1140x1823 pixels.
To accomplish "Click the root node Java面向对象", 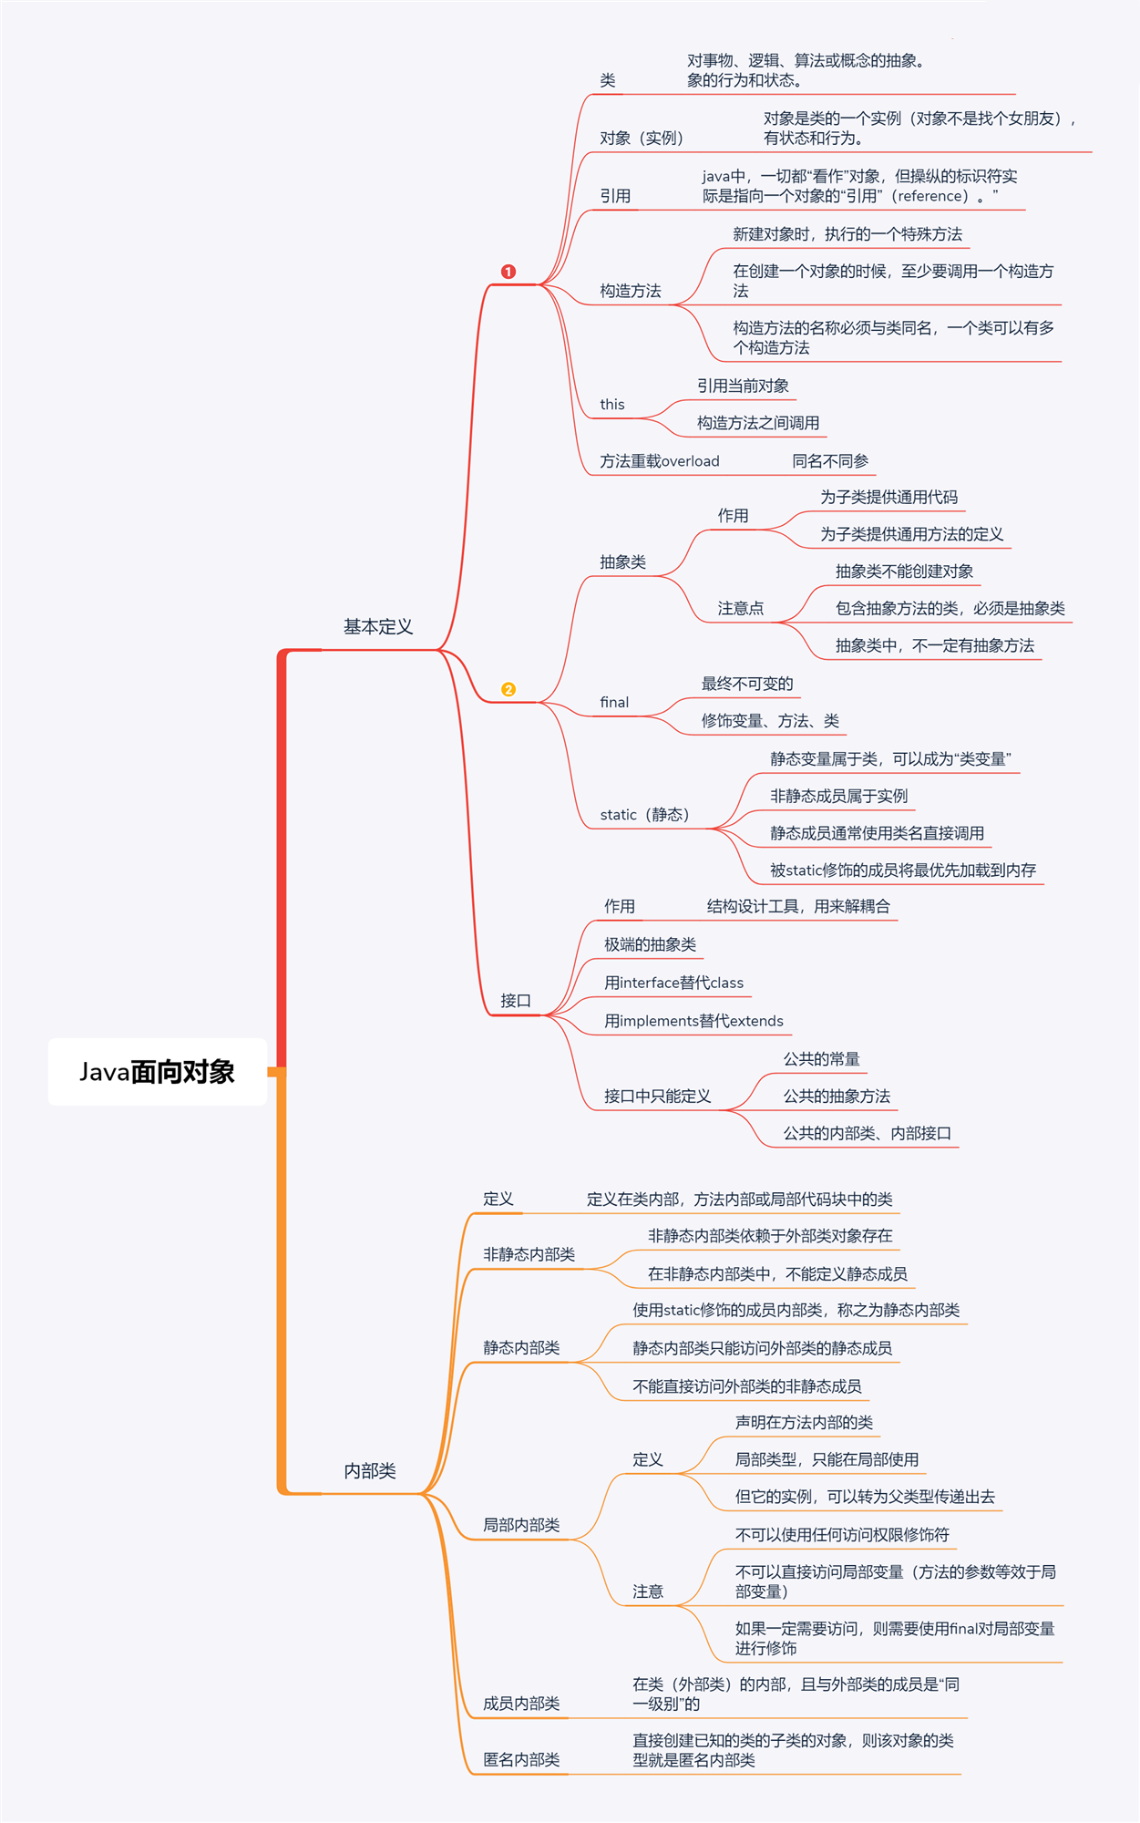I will coord(157,1072).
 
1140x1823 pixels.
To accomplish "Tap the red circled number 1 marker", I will coord(508,272).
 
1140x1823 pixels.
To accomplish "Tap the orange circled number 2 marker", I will coord(508,689).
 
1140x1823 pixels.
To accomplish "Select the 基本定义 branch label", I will coord(378,627).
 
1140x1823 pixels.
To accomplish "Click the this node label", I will coord(612,405).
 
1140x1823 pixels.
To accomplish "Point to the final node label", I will coord(614,702).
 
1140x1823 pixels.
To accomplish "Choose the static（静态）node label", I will coord(644,815).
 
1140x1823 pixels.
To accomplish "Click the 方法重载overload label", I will coord(660,461).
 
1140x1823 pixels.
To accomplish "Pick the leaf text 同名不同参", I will coord(830,461).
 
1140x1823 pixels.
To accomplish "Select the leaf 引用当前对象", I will coord(743,386).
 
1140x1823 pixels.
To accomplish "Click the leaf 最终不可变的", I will coord(747,684).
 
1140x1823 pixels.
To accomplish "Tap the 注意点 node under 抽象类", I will coord(741,608).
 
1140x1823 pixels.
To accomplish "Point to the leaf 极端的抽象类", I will coord(650,944).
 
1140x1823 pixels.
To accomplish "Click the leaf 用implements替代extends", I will coord(693,1021).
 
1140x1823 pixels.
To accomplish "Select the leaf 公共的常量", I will coord(821,1059).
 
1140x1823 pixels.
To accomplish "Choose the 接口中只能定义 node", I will coord(657,1097).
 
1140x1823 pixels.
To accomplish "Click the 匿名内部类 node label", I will coord(521,1760).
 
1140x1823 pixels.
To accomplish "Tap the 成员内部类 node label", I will coord(521,1704).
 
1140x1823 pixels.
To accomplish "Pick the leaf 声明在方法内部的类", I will coord(804,1423).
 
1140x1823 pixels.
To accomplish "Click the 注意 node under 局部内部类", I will coord(648,1591).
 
